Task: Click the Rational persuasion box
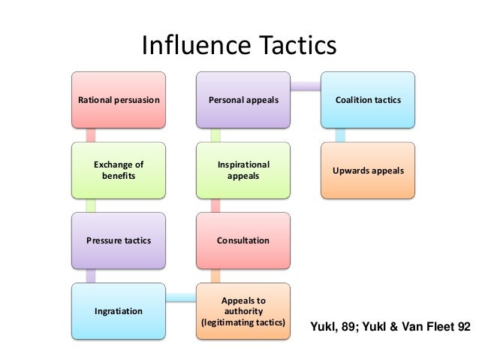pyautogui.click(x=119, y=99)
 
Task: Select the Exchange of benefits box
pyautogui.click(x=119, y=170)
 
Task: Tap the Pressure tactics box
pyautogui.click(x=119, y=241)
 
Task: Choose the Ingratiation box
pyautogui.click(x=119, y=310)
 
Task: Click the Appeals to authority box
pyautogui.click(x=243, y=310)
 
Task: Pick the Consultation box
pyautogui.click(x=243, y=241)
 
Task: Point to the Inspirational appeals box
pyautogui.click(x=243, y=170)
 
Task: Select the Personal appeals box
pyautogui.click(x=243, y=99)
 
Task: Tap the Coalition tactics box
pyautogui.click(x=368, y=99)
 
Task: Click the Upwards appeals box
pyautogui.click(x=368, y=170)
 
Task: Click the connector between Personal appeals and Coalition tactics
pyautogui.click(x=306, y=86)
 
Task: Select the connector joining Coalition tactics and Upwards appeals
pyautogui.click(x=340, y=135)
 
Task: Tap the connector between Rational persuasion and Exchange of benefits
pyautogui.click(x=91, y=135)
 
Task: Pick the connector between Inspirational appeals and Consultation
pyautogui.click(x=215, y=205)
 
